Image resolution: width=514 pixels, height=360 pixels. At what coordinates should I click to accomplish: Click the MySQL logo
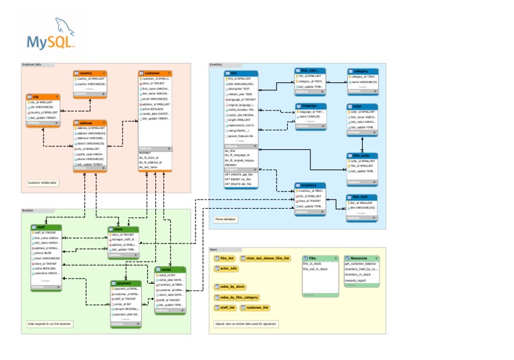click(x=51, y=37)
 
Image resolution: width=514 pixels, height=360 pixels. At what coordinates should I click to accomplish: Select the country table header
click(x=90, y=72)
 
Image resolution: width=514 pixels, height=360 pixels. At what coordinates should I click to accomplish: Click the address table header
click(x=90, y=123)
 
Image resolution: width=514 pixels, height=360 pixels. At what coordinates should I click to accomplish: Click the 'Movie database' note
click(x=225, y=219)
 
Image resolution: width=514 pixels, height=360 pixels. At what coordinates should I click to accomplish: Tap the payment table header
click(x=124, y=283)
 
